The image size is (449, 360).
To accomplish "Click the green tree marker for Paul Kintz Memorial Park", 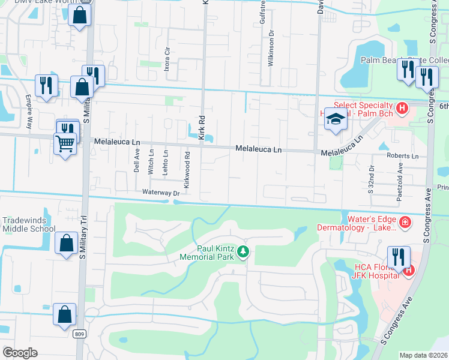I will click(243, 252).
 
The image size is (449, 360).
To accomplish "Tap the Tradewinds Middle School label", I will click(28, 224).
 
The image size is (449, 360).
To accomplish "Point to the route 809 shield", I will click(80, 334).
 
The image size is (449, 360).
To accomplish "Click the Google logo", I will click(20, 352).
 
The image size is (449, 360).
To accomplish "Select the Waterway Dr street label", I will click(161, 193).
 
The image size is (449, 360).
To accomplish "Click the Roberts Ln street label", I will click(402, 155).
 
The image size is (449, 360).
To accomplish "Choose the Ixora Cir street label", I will click(167, 59).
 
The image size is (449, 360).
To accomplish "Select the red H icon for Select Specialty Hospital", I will click(403, 108).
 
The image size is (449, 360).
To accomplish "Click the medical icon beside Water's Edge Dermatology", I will click(405, 223).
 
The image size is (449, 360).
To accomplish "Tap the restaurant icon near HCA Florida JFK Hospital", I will click(398, 256).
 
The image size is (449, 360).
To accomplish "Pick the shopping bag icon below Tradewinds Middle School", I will click(65, 244).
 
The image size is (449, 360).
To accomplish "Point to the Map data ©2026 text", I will click(424, 355).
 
